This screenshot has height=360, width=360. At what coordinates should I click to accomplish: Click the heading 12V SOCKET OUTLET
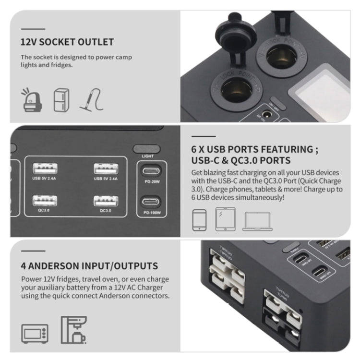click(67, 42)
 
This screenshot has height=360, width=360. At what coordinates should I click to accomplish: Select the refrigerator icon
click(60, 100)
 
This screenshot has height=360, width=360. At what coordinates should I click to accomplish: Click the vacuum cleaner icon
click(91, 99)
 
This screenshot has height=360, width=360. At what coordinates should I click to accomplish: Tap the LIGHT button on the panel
click(147, 149)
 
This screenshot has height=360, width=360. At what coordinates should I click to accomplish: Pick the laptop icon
click(257, 220)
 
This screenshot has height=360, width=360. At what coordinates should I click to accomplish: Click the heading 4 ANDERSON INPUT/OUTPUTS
click(89, 265)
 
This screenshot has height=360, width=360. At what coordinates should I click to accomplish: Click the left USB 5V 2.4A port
click(45, 168)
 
